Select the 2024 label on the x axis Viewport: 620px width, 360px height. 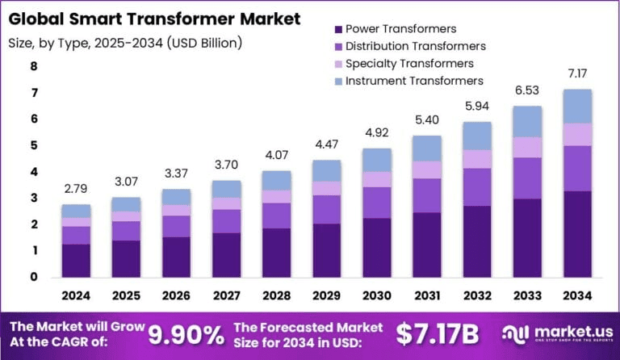(77, 296)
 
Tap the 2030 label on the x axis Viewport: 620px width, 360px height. (376, 296)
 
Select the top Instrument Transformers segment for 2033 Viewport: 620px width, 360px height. (527, 121)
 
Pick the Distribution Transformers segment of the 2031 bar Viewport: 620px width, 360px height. (427, 195)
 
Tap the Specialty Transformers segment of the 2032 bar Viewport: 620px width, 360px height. (477, 159)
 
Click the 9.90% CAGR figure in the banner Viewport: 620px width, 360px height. (186, 333)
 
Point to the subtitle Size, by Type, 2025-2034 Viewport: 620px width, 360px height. (126, 42)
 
